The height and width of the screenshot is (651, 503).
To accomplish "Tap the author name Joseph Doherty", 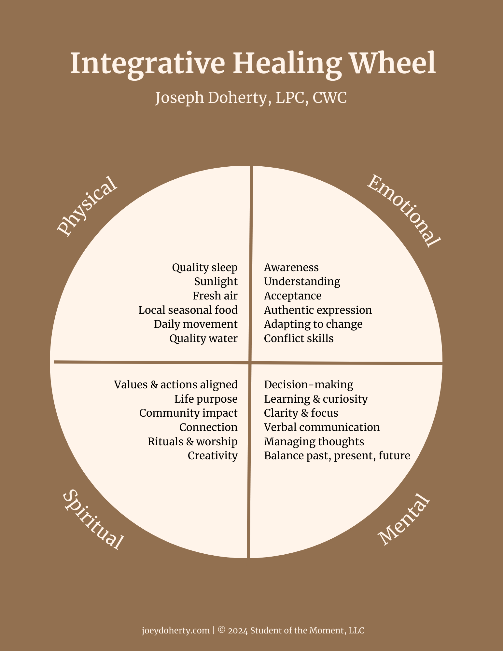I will [211, 97].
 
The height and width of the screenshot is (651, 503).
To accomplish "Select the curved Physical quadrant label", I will [87, 206].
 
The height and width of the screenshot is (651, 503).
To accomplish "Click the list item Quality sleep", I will [205, 268].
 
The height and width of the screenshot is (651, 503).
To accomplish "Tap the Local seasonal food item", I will [188, 310].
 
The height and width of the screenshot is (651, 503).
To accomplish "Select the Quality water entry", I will [203, 339].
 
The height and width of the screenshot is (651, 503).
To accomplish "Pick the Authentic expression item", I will [318, 310].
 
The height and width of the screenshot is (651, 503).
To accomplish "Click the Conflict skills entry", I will [299, 339].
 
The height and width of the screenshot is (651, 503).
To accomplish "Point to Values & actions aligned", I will [176, 385].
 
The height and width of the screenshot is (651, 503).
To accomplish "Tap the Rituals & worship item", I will [192, 442].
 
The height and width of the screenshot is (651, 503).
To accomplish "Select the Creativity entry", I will [213, 456].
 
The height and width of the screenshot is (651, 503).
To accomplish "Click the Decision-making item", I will [308, 385].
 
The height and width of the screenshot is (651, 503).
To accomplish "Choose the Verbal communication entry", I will [322, 427].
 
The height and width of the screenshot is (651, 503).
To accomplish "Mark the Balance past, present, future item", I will [337, 456].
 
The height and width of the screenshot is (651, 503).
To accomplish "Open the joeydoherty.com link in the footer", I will [175, 630].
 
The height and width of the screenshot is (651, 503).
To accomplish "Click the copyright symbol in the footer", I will [222, 630].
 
